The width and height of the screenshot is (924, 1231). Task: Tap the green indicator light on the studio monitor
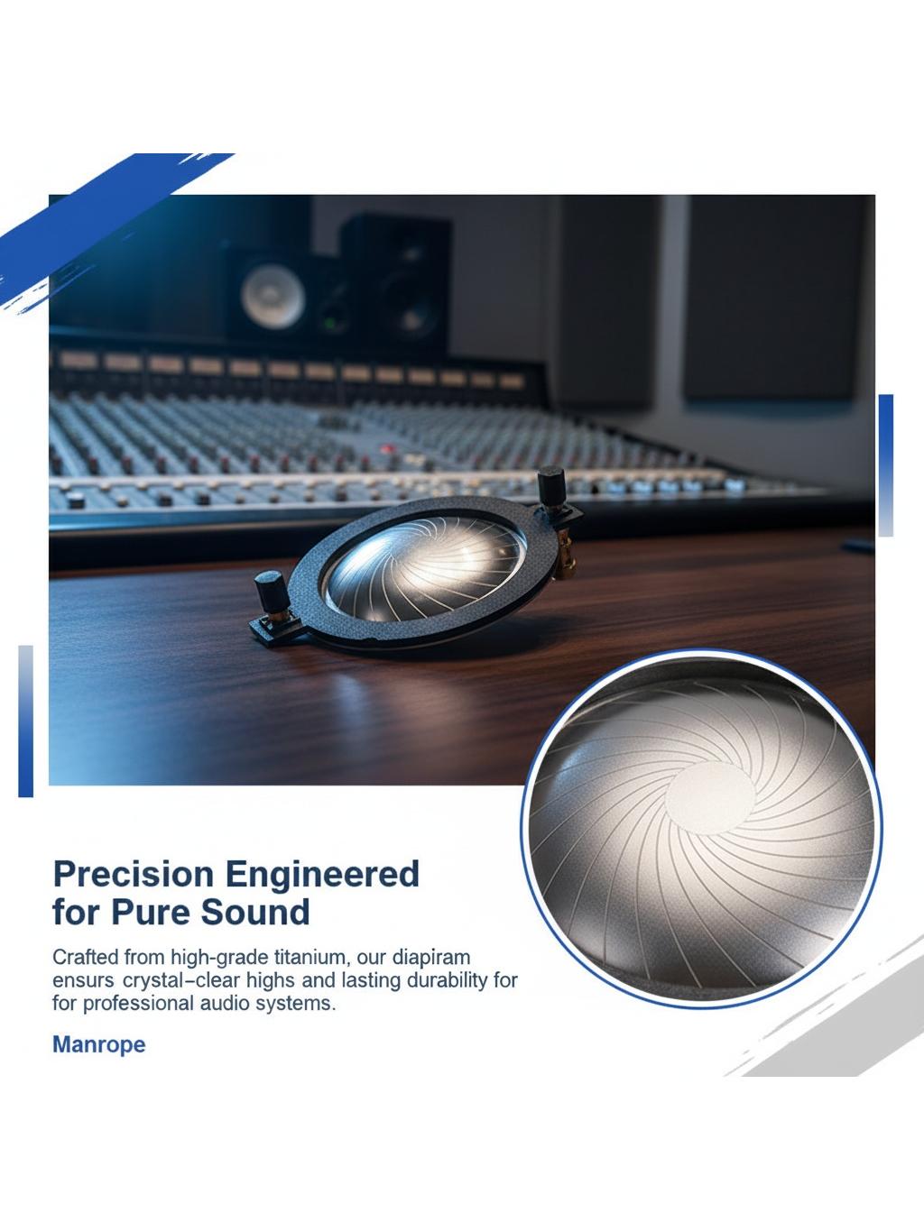tap(331, 323)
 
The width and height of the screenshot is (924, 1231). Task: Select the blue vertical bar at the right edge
tap(885, 465)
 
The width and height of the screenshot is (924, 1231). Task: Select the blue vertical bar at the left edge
tap(26, 721)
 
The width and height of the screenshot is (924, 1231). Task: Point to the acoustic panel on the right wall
tap(773, 298)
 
